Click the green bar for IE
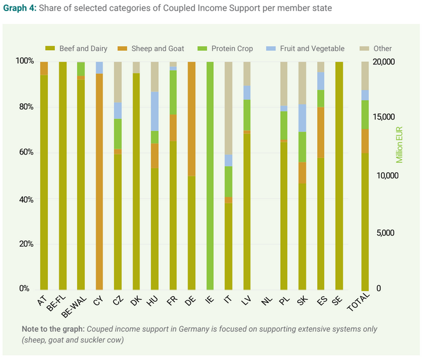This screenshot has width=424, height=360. tap(210, 175)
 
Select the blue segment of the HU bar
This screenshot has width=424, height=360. tap(155, 111)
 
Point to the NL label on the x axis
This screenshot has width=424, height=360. tap(266, 301)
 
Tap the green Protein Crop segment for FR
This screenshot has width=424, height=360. tap(173, 92)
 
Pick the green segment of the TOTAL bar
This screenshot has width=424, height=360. tap(365, 114)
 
